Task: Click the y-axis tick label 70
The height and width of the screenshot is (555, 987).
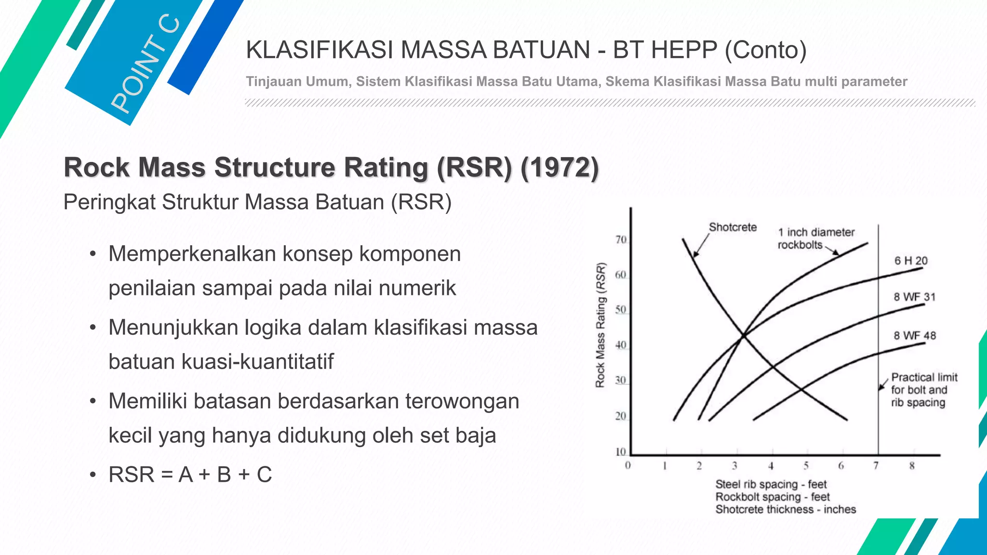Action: coord(621,239)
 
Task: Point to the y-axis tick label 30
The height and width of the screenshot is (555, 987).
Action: coord(621,380)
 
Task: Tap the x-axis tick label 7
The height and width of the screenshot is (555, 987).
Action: coord(876,465)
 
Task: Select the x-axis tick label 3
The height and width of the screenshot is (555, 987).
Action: coord(734,465)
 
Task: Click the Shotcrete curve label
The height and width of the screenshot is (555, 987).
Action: coord(733,227)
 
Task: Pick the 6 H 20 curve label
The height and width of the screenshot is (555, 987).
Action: coord(911,261)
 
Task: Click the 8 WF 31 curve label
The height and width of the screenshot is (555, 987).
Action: coord(914,297)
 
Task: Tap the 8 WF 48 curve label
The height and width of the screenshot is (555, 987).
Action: coord(914,335)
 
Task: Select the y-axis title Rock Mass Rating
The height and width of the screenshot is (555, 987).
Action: coord(600,325)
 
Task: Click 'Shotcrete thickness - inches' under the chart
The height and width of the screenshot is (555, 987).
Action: coord(786,509)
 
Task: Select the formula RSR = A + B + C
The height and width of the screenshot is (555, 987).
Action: coord(190,475)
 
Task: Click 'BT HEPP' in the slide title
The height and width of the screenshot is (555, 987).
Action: coord(665,50)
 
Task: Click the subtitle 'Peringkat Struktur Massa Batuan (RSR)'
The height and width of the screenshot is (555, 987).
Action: coord(257,202)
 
